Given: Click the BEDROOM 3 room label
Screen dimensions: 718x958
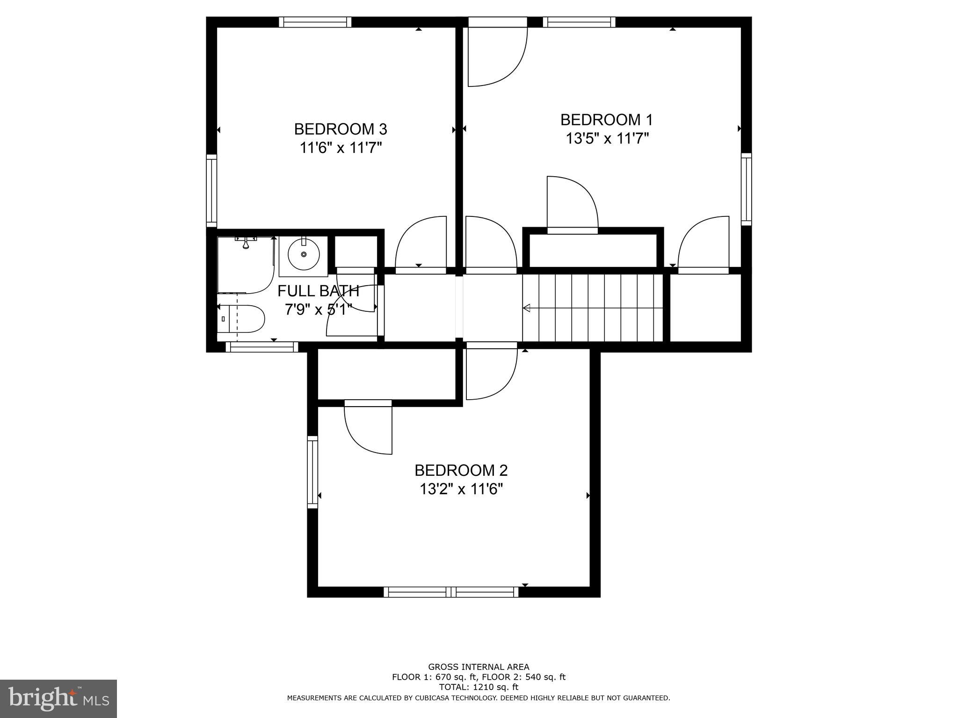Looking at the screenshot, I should click(x=341, y=129).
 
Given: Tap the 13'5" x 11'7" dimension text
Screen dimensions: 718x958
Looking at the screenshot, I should click(x=607, y=139).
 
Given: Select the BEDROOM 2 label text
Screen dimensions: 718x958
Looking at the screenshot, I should click(x=461, y=470).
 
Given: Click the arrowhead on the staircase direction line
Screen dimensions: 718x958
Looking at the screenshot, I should click(x=527, y=308).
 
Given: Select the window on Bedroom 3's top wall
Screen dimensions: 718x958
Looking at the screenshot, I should click(x=315, y=22).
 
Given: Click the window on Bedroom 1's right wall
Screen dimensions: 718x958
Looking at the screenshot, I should click(x=746, y=189).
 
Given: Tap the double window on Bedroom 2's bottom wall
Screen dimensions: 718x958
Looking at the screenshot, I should click(x=451, y=592).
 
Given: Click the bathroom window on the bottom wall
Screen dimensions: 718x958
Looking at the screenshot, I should click(x=262, y=347).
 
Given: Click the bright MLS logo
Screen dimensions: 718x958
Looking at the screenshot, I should click(x=58, y=698).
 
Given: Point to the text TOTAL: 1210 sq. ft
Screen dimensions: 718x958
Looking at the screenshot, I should click(x=479, y=687).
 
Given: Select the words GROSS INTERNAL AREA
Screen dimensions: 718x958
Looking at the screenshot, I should click(x=479, y=667).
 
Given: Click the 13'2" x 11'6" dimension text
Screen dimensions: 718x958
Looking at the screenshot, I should click(x=461, y=489).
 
